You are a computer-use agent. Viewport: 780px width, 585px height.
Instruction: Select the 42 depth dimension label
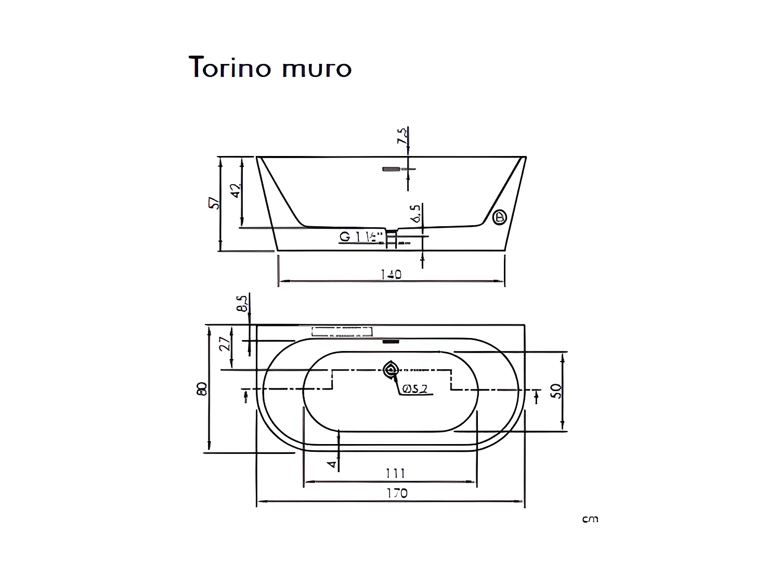236,190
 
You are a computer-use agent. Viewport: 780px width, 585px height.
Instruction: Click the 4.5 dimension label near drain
416,214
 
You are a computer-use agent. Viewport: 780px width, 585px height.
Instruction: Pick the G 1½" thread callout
359,237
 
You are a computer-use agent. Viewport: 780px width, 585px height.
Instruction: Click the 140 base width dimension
391,274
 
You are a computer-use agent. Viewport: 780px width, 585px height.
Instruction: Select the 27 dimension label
225,343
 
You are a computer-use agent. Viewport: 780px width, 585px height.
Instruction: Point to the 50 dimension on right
556,391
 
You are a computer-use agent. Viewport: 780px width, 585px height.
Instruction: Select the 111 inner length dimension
395,473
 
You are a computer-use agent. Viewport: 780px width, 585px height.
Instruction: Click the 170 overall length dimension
397,493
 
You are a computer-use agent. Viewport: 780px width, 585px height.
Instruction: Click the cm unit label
590,519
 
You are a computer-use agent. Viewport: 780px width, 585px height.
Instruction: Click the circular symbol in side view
500,217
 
